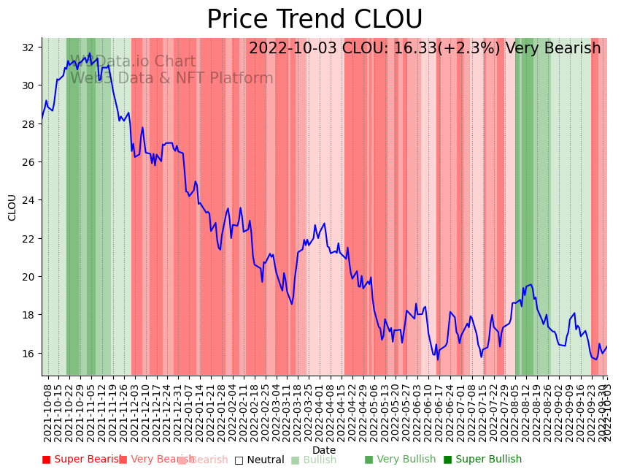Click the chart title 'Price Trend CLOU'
point(315,20)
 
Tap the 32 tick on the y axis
point(28,47)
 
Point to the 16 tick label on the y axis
point(28,353)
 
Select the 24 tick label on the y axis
point(28,200)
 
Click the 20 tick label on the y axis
point(28,277)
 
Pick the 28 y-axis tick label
point(28,124)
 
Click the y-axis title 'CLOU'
point(12,207)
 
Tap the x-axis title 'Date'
point(324,451)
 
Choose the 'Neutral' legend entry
point(259,460)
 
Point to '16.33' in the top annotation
point(417,49)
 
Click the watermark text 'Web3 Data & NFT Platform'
point(171,79)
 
